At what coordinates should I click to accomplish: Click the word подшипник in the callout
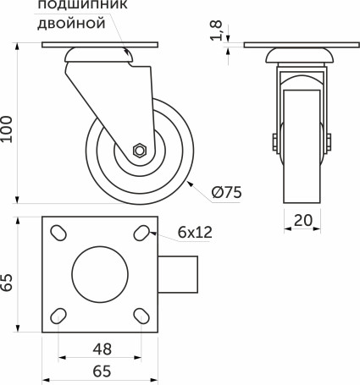(72, 7)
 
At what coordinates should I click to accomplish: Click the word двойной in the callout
(72, 25)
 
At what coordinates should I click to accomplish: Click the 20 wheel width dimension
(303, 221)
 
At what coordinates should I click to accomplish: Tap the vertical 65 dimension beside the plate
(8, 280)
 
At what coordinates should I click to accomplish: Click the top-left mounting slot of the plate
(59, 233)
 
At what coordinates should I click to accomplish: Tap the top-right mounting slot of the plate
(141, 233)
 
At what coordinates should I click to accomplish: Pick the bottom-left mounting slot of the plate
(59, 316)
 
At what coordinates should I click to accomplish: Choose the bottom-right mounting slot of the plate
(141, 316)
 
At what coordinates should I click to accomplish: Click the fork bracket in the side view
(85, 93)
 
